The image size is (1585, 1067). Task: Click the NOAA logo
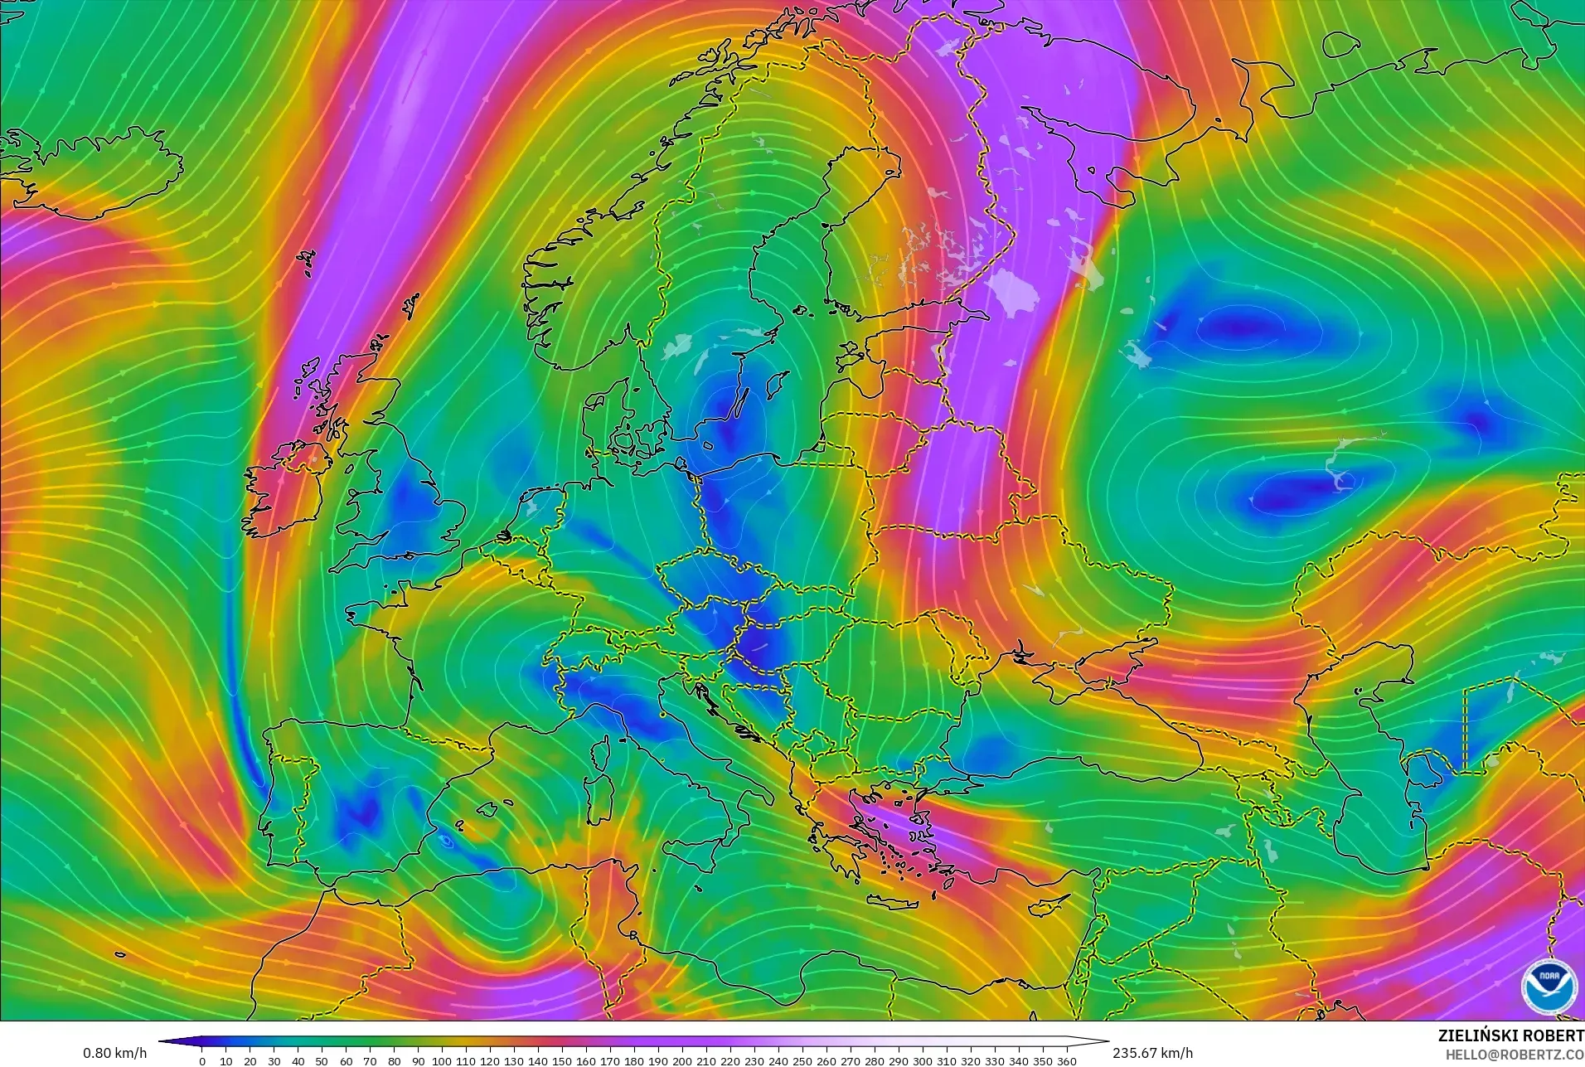tap(1549, 985)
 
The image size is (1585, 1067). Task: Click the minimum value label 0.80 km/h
tap(114, 1053)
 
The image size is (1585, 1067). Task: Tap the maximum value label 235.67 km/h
tap(1152, 1053)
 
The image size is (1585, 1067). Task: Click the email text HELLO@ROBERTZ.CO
tap(1515, 1055)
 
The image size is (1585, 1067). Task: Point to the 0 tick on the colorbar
tap(202, 1061)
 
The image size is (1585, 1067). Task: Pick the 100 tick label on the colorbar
tap(442, 1061)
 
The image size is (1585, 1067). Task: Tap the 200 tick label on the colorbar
tap(682, 1061)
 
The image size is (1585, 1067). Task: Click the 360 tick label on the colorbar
tap(1067, 1061)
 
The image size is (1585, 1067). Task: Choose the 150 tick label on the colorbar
tap(562, 1061)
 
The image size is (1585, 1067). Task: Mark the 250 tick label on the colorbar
tap(802, 1061)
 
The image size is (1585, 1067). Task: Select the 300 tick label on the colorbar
tap(923, 1061)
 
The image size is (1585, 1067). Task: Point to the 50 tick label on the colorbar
tap(322, 1061)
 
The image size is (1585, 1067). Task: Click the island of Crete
tap(901, 901)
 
